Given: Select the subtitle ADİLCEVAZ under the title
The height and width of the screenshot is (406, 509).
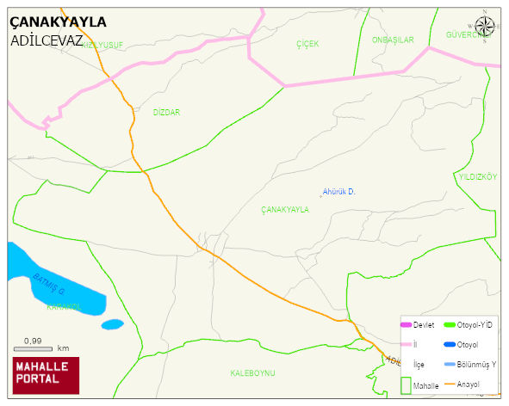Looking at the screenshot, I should pyautogui.click(x=47, y=40).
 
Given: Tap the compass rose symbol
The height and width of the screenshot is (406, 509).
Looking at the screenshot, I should pyautogui.click(x=486, y=27).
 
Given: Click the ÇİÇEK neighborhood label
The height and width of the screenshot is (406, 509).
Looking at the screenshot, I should pyautogui.click(x=307, y=43).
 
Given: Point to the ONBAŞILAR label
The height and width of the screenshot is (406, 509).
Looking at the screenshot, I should pyautogui.click(x=393, y=40).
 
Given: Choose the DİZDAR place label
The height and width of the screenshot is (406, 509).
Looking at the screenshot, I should pyautogui.click(x=166, y=113).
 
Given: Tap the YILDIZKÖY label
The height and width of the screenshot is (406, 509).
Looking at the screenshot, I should pyautogui.click(x=478, y=176).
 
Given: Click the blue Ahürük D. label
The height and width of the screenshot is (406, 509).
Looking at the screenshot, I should pyautogui.click(x=338, y=191).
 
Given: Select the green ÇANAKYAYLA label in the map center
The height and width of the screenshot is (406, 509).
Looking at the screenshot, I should pyautogui.click(x=284, y=210).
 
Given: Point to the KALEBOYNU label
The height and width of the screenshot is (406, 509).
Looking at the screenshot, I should pyautogui.click(x=252, y=372).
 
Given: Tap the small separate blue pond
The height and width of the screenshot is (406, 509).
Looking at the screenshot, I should pyautogui.click(x=112, y=324).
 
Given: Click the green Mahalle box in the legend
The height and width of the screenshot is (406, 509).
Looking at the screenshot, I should pyautogui.click(x=406, y=384).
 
